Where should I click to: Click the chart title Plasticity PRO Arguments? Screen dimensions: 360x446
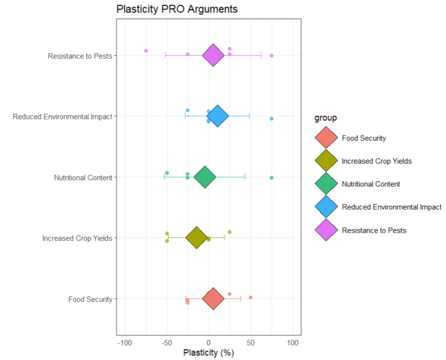[x=177, y=9]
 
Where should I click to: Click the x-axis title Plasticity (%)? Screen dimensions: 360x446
[x=208, y=353]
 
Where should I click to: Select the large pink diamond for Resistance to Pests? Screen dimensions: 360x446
[x=213, y=55]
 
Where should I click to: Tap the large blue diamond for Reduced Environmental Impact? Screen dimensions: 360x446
[x=218, y=116]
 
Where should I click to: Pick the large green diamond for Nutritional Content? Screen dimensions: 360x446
[x=204, y=177]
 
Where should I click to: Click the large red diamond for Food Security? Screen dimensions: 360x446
[x=213, y=298]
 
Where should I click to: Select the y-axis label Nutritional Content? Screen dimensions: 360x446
[x=83, y=178]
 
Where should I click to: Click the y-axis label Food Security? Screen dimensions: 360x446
[x=90, y=299]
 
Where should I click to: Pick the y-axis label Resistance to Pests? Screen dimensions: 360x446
[x=80, y=56]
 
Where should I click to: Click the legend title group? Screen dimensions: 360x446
[x=327, y=118]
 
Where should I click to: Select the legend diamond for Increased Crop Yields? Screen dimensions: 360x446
[x=326, y=161]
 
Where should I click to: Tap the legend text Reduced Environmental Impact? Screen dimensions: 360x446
[x=391, y=207]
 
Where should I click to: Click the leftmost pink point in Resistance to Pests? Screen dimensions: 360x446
[x=146, y=51]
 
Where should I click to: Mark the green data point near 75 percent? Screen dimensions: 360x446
[x=272, y=178]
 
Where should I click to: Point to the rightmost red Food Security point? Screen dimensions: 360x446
[x=251, y=297]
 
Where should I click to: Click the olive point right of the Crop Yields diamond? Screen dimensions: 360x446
[x=230, y=232]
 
